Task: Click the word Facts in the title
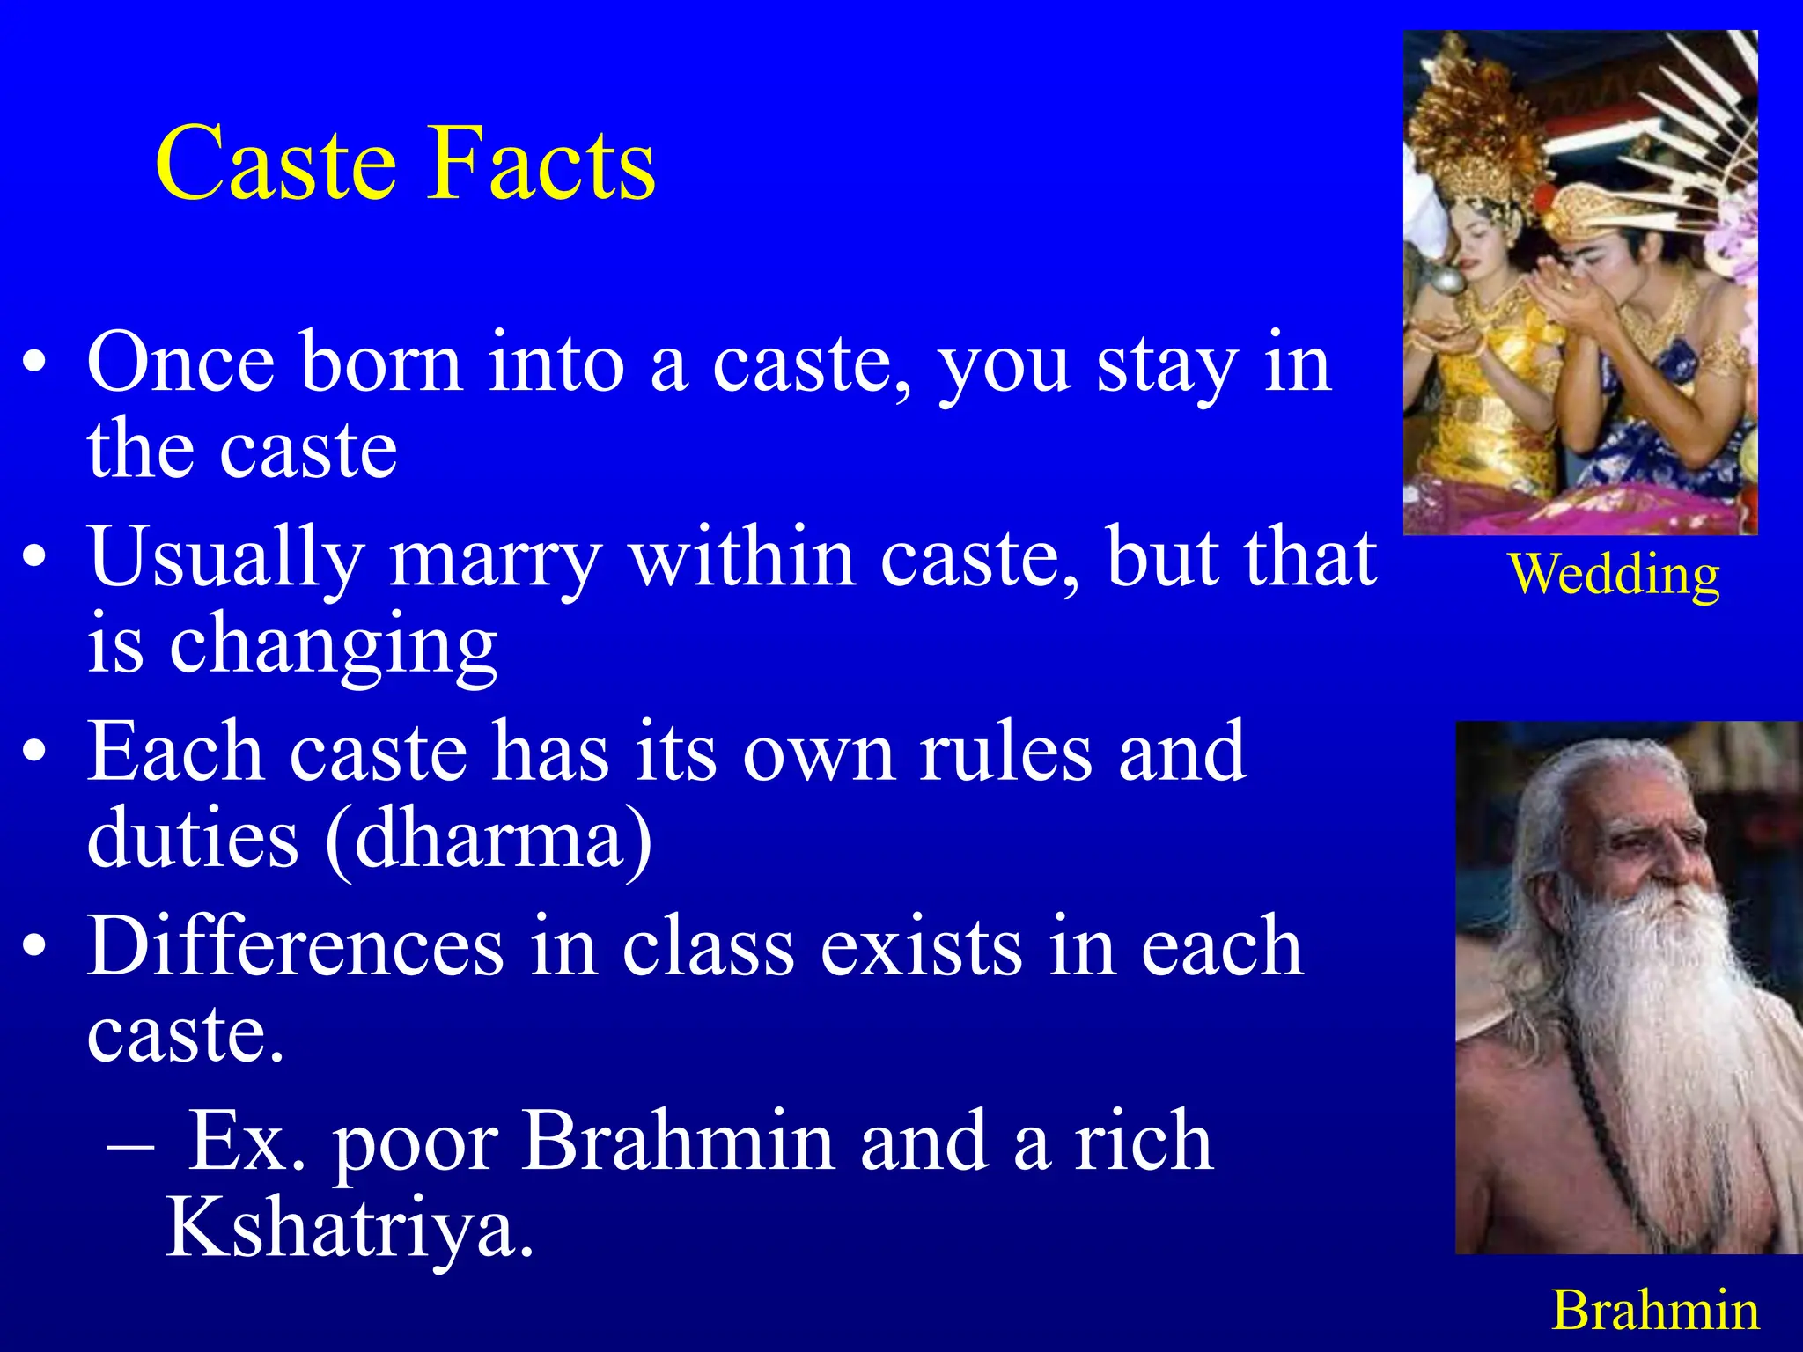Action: [542, 165]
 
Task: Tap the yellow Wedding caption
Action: [1614, 576]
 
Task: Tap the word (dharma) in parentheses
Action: [489, 839]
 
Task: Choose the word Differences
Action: [296, 947]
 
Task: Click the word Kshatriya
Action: [350, 1229]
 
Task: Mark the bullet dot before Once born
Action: [35, 364]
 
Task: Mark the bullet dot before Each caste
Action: [35, 753]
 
